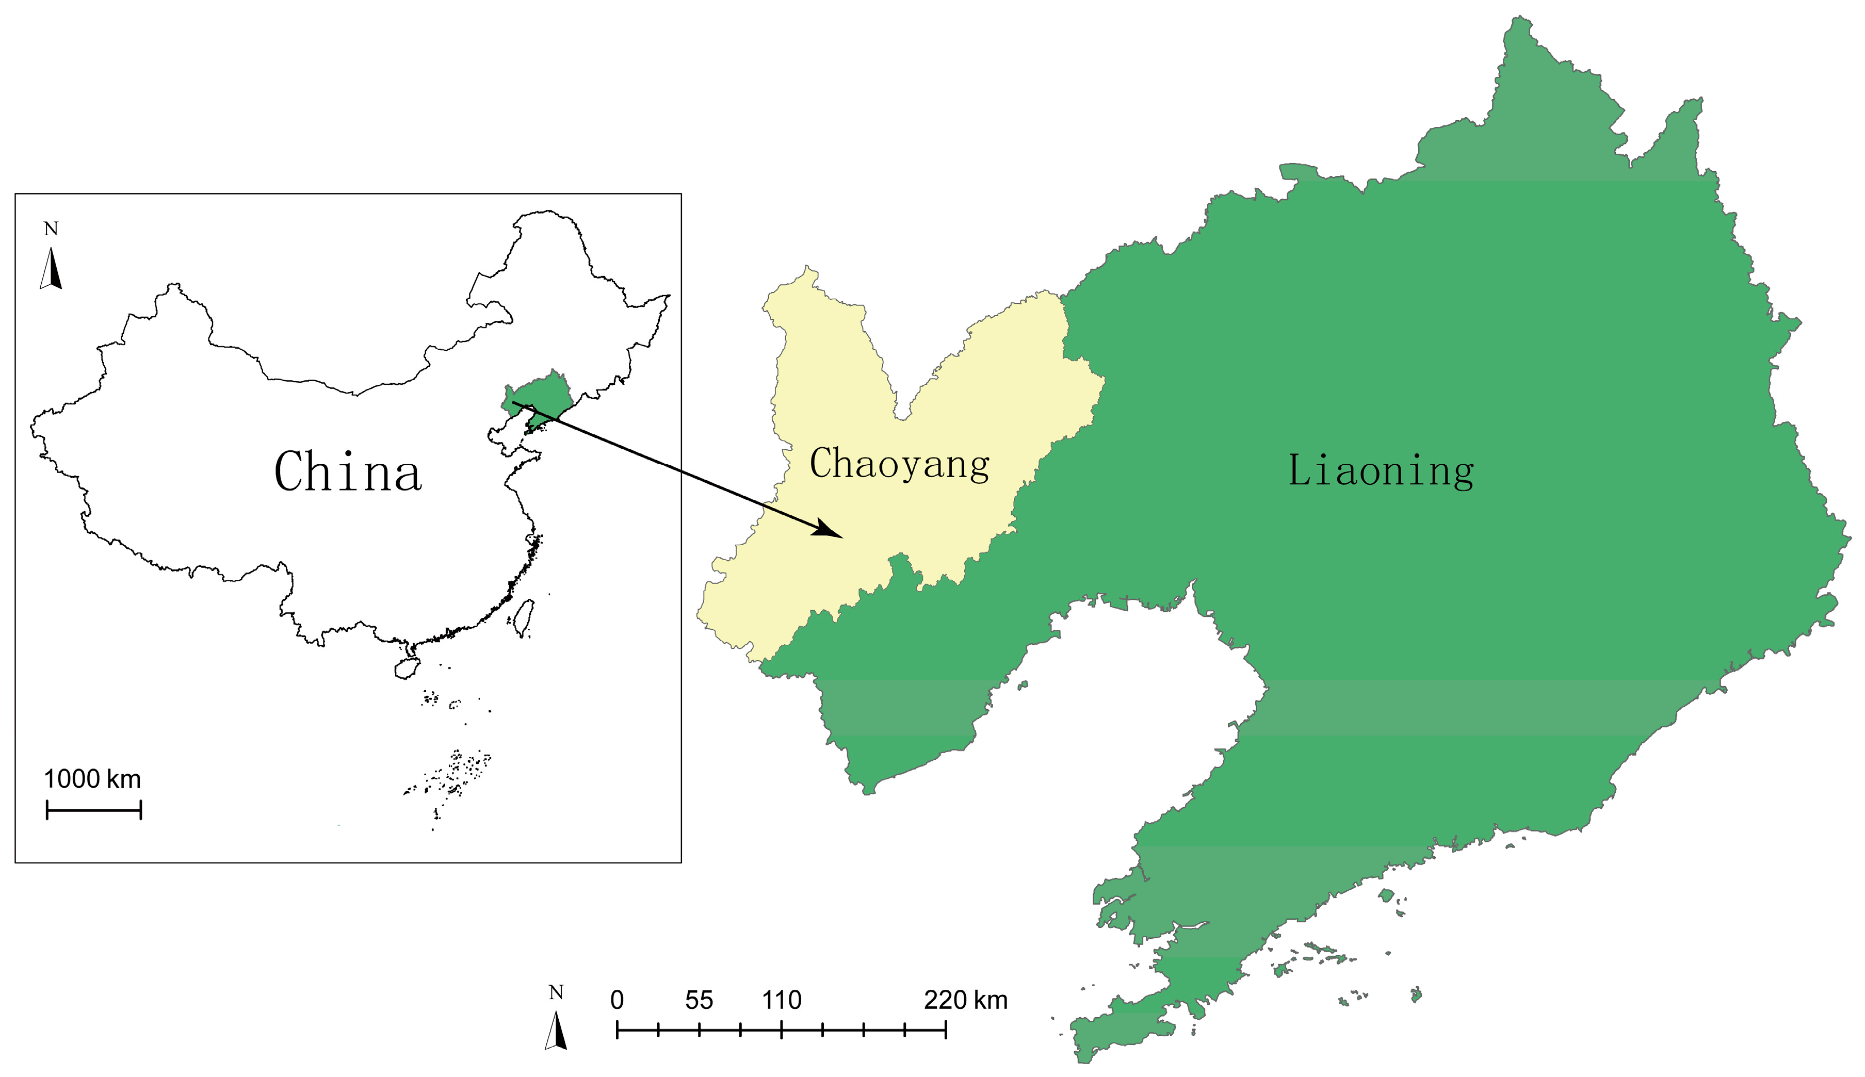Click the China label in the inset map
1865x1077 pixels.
click(x=348, y=472)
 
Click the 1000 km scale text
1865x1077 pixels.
click(x=92, y=779)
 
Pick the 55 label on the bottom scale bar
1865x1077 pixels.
click(x=699, y=1000)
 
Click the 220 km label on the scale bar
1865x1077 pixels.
click(x=965, y=1000)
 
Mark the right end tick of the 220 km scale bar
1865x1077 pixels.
click(x=946, y=1030)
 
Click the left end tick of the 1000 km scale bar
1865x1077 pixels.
click(x=47, y=810)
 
